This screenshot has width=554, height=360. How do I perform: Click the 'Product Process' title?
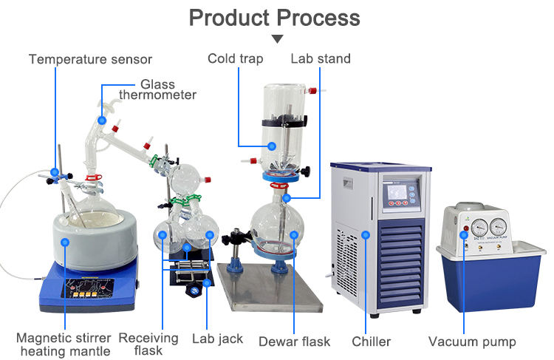(x=275, y=17)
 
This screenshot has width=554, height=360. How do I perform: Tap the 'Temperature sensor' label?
(x=90, y=58)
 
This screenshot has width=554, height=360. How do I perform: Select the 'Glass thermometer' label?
(x=158, y=89)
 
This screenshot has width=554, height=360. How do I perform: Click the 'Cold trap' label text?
(x=235, y=58)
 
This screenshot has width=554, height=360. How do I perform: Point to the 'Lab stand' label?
(x=321, y=58)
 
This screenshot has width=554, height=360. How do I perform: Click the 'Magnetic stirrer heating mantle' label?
(x=63, y=344)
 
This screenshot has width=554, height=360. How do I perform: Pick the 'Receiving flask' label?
(x=148, y=344)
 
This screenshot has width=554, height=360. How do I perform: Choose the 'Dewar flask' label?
(x=294, y=342)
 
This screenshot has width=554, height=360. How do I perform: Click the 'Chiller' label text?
(x=370, y=342)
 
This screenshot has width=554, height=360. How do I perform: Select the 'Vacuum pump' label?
(x=472, y=342)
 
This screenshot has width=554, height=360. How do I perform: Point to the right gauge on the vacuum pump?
(x=499, y=225)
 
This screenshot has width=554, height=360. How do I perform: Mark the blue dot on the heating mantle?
(x=64, y=241)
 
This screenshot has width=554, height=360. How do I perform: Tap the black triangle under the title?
(x=277, y=38)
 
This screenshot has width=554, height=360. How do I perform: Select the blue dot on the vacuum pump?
(x=465, y=234)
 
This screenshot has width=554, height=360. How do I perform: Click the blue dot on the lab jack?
(x=208, y=282)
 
